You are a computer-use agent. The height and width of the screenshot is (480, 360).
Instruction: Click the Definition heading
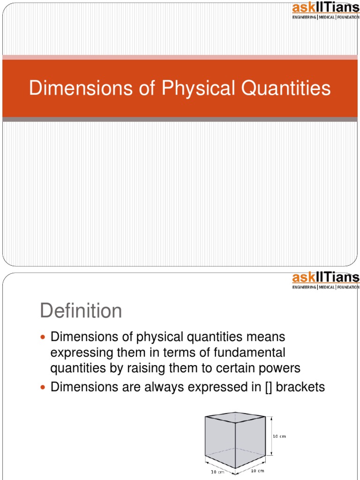81,311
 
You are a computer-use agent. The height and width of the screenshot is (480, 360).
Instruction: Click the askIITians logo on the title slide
325,10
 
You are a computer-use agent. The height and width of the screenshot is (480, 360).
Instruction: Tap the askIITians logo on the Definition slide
325,280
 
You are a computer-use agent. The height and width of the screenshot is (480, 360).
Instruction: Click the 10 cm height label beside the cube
279,436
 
